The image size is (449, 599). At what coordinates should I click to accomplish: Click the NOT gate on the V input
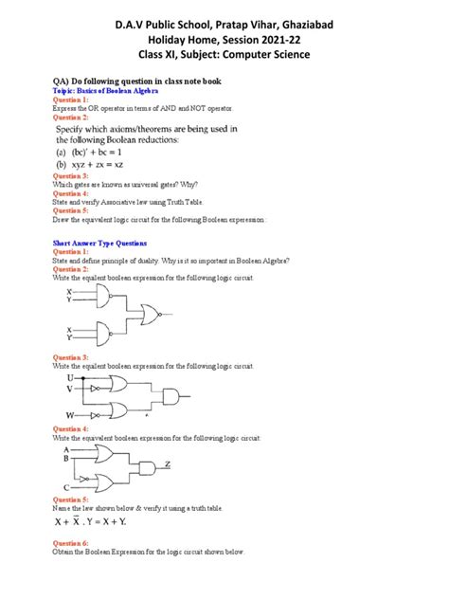(x=94, y=388)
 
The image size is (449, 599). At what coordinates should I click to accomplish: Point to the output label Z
(x=168, y=464)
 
